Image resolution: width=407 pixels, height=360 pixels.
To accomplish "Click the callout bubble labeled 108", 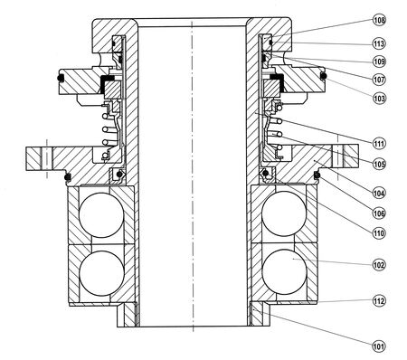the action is pyautogui.click(x=379, y=21).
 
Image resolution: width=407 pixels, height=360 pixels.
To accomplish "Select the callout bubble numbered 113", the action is pyautogui.click(x=379, y=44).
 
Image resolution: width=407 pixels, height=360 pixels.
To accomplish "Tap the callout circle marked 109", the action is pyautogui.click(x=379, y=62).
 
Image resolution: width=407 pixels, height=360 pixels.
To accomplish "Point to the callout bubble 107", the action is pyautogui.click(x=379, y=80).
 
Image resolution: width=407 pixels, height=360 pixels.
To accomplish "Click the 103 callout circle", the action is pyautogui.click(x=379, y=99).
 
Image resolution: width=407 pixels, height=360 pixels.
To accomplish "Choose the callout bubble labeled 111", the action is pyautogui.click(x=379, y=144).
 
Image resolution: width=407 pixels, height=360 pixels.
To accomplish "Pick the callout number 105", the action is pyautogui.click(x=379, y=165).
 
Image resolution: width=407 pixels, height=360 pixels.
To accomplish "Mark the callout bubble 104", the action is pyautogui.click(x=379, y=193).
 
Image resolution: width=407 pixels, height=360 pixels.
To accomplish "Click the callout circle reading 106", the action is pyautogui.click(x=379, y=213).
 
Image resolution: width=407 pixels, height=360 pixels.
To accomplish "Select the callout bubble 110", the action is pyautogui.click(x=379, y=233).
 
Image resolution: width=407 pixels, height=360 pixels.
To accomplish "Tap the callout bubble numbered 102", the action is pyautogui.click(x=379, y=265).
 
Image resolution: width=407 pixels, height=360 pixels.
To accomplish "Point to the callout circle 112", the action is pyautogui.click(x=379, y=301).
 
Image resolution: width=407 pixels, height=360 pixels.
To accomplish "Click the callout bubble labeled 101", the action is pyautogui.click(x=379, y=346).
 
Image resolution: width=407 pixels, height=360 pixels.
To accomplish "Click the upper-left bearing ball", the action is pyautogui.click(x=101, y=215).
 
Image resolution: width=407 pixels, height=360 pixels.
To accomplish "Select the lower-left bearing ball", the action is pyautogui.click(x=101, y=273).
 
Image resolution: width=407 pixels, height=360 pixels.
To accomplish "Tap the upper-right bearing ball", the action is pyautogui.click(x=284, y=213).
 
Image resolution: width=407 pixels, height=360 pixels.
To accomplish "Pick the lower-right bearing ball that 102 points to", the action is pyautogui.click(x=285, y=271).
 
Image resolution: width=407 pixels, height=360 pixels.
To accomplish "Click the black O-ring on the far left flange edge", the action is pyautogui.click(x=61, y=78).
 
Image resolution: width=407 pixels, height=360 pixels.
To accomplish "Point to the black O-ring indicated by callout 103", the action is pyautogui.click(x=323, y=77).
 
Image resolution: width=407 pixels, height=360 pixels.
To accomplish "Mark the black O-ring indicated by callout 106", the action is pyautogui.click(x=317, y=175).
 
